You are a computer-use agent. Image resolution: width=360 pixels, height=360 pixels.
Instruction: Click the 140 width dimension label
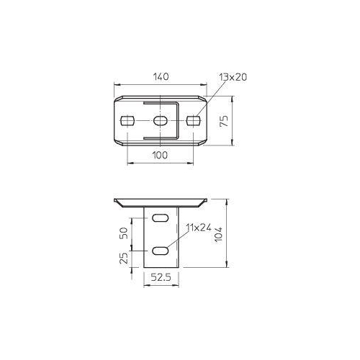tap(161, 77)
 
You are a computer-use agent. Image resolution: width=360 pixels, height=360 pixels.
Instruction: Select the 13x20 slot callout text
tap(233, 77)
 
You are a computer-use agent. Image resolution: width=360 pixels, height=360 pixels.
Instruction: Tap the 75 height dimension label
tap(225, 121)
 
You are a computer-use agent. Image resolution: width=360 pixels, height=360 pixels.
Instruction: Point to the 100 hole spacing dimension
tap(160, 155)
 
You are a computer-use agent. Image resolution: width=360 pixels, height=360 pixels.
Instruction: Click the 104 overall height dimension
tap(218, 234)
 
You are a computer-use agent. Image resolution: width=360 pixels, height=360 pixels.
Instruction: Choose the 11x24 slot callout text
tap(199, 228)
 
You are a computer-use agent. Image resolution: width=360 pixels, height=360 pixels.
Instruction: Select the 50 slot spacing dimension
tap(124, 233)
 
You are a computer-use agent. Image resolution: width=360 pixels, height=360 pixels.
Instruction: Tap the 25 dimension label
tap(124, 258)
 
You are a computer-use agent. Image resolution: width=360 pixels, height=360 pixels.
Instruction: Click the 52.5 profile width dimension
tap(161, 277)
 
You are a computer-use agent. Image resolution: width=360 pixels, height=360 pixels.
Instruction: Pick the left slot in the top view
tap(127, 121)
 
